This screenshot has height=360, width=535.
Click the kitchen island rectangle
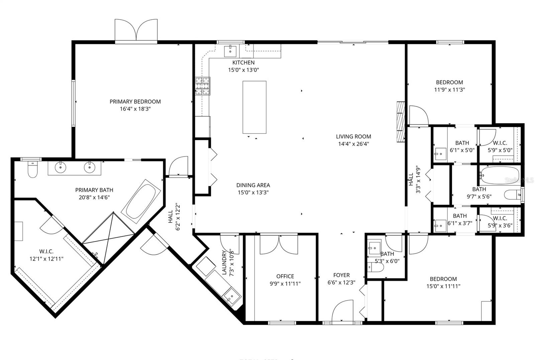(254, 107)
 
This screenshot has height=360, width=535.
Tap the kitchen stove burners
(203, 86)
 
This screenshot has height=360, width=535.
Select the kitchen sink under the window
(231, 51)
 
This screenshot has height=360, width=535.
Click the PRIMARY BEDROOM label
(135, 101)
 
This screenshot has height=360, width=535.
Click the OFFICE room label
(285, 276)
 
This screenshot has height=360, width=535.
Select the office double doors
(279, 244)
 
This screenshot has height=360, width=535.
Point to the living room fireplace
(400, 122)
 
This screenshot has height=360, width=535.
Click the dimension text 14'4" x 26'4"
(353, 144)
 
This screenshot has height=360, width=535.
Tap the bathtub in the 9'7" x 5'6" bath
(499, 175)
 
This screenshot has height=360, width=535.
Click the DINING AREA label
(253, 185)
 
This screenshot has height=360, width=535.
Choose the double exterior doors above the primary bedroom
(136, 31)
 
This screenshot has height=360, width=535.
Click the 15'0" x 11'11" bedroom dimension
(443, 286)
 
